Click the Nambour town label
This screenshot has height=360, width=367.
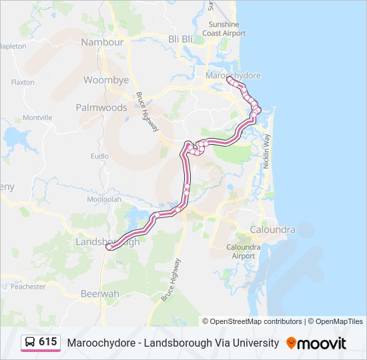coord(102,42)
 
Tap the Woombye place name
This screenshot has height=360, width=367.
coord(106,80)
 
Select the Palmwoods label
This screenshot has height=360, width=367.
coord(101,107)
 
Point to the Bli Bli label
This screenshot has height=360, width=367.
coord(181,39)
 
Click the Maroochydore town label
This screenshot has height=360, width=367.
coord(233,76)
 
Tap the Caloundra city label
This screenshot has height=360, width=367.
coord(272,230)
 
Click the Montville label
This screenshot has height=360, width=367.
coord(37,117)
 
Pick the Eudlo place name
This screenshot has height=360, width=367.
coord(99,156)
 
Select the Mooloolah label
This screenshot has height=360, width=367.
coord(103,199)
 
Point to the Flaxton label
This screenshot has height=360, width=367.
coord(23,83)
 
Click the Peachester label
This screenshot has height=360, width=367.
coord(28,287)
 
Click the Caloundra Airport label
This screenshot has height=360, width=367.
coord(241,251)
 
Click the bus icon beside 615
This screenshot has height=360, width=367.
coord(30,343)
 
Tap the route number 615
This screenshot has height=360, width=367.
coord(48,342)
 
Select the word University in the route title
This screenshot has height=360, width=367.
coord(256,343)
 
